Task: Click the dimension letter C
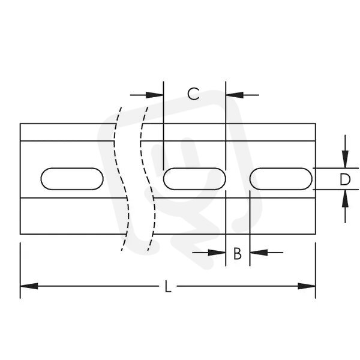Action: coord(193,94)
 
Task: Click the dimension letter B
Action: coord(238,253)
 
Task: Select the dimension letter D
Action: coord(345,179)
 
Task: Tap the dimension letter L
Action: coord(168,287)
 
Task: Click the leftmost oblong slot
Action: coord(72,179)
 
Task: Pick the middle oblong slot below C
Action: coord(194,179)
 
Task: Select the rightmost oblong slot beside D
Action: coord(281,179)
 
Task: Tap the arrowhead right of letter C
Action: coord(235,95)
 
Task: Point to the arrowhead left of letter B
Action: coord(217,253)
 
